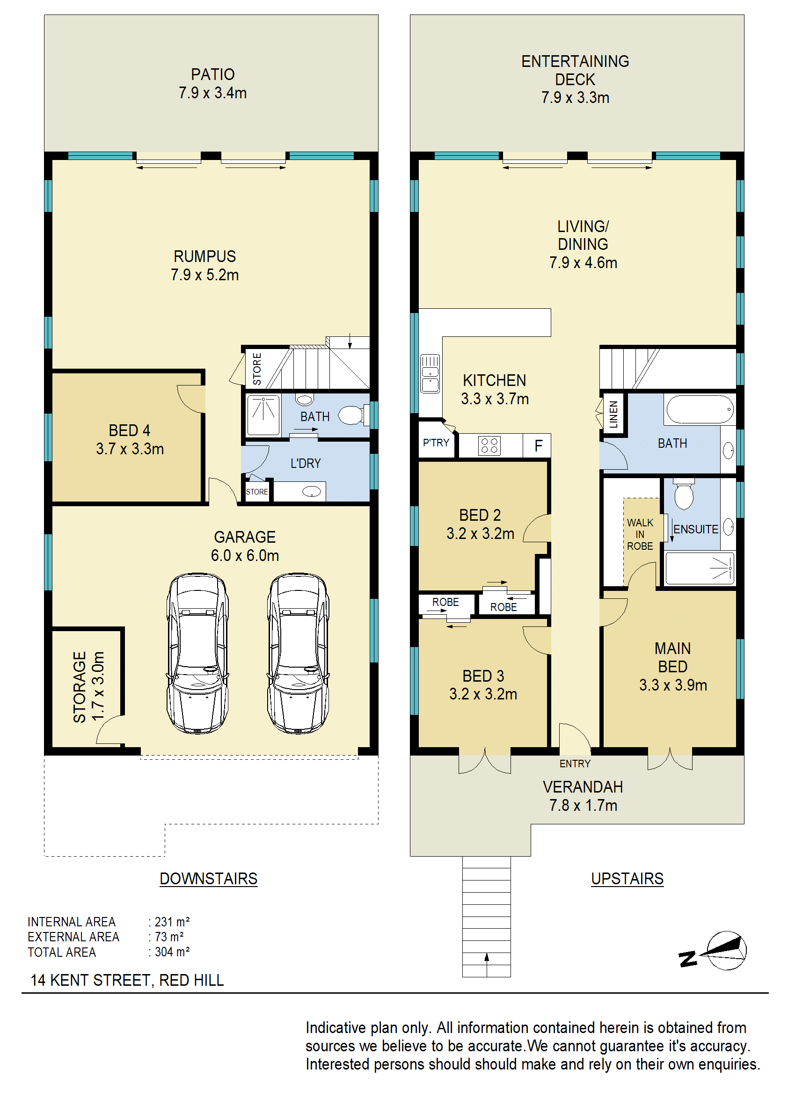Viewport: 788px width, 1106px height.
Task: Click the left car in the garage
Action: [x=197, y=653]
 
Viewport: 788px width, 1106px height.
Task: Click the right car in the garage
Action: [x=298, y=653]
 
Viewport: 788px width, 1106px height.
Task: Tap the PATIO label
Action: [x=212, y=75]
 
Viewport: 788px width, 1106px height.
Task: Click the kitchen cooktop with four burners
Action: [x=489, y=446]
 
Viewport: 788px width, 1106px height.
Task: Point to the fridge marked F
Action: [x=538, y=446]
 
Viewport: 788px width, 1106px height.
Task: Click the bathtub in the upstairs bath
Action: [x=700, y=409]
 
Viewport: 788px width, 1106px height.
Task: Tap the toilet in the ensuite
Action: [x=684, y=495]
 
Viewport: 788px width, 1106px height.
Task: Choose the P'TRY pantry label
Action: [x=436, y=443]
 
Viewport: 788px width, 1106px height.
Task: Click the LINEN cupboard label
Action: [x=613, y=414]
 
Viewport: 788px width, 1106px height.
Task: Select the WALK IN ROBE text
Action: [x=640, y=534]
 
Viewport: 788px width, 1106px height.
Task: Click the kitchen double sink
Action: [x=430, y=373]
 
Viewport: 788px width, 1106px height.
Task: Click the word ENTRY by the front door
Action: [x=575, y=764]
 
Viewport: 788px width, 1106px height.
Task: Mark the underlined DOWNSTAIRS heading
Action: [x=209, y=879]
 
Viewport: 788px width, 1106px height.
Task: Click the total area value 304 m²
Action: [x=172, y=952]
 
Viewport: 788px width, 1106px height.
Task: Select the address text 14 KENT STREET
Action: [x=90, y=980]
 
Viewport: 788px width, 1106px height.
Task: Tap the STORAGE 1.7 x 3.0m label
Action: [x=88, y=686]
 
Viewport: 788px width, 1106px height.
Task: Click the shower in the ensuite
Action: [x=699, y=568]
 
